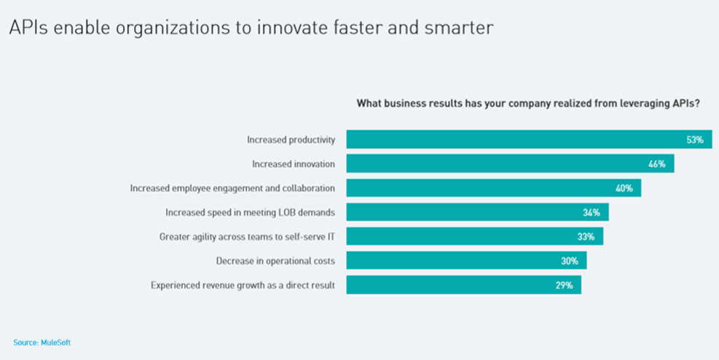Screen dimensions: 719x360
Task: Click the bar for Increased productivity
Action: [529, 139]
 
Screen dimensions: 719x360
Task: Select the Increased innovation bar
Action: [511, 164]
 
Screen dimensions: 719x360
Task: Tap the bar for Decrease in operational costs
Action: [466, 260]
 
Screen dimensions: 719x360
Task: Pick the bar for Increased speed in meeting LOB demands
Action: [477, 212]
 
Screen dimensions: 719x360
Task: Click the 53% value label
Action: [695, 140]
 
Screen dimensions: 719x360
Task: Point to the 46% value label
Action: [656, 164]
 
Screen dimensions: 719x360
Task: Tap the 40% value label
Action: [624, 189]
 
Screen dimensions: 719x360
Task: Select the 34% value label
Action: [592, 213]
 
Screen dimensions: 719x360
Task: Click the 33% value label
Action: [586, 237]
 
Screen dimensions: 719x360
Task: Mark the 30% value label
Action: [570, 261]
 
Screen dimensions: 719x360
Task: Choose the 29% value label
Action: [564, 285]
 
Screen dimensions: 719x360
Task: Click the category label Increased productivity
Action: [291, 140]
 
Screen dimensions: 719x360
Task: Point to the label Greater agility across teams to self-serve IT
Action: [247, 237]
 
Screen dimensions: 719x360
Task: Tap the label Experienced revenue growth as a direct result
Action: [243, 285]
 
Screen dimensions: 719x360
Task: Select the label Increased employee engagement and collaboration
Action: [232, 189]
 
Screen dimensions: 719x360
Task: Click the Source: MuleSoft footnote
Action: [42, 343]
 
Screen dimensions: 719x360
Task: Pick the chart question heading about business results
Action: [528, 103]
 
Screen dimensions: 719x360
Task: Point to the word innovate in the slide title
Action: [296, 28]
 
